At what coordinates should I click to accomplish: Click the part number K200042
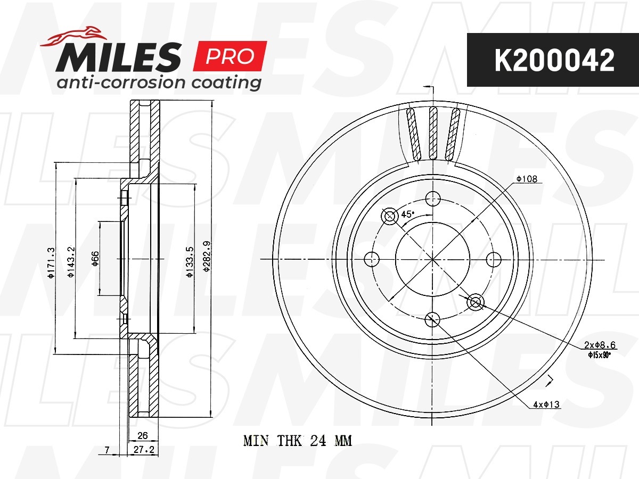tap(554, 60)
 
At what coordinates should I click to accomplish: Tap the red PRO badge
tap(230, 56)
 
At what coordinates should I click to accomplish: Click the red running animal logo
tap(73, 36)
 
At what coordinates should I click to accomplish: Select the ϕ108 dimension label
tap(527, 179)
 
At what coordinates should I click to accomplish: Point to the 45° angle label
tap(407, 214)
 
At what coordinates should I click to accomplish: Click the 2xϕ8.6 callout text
tap(600, 345)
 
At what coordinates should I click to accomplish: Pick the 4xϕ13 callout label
tap(546, 404)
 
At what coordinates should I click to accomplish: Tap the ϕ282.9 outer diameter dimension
tap(207, 256)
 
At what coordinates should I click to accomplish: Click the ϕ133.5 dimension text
tap(190, 262)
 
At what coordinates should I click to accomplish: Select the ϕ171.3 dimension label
tap(51, 262)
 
